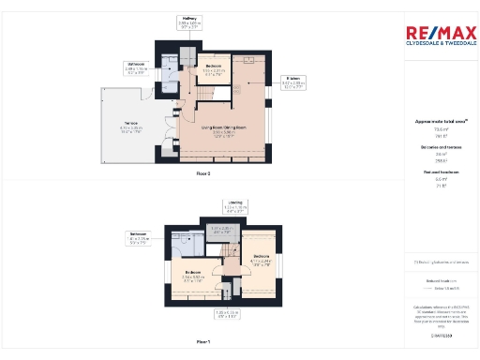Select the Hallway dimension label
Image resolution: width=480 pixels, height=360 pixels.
click(x=189, y=22)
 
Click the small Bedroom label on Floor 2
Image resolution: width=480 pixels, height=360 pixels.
click(x=213, y=68)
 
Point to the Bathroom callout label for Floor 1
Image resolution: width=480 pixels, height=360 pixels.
click(x=138, y=239)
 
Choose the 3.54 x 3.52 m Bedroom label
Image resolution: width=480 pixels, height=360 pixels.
click(x=194, y=276)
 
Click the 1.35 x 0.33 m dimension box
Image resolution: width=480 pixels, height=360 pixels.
click(x=225, y=314)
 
